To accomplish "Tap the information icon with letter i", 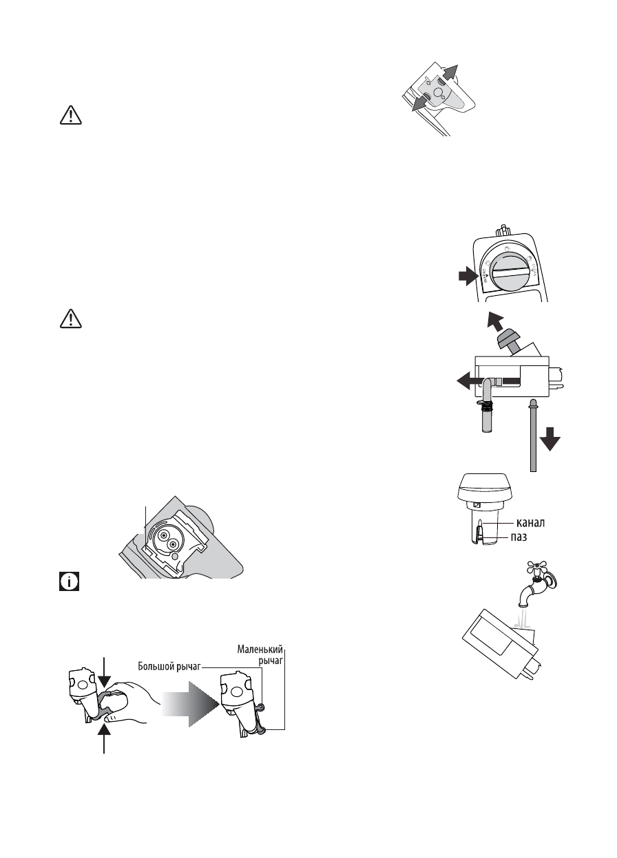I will point(70,583).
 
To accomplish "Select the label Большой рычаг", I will point(172,666).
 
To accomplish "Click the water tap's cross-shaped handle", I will point(533,569).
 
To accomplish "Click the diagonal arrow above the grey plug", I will point(495,321).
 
